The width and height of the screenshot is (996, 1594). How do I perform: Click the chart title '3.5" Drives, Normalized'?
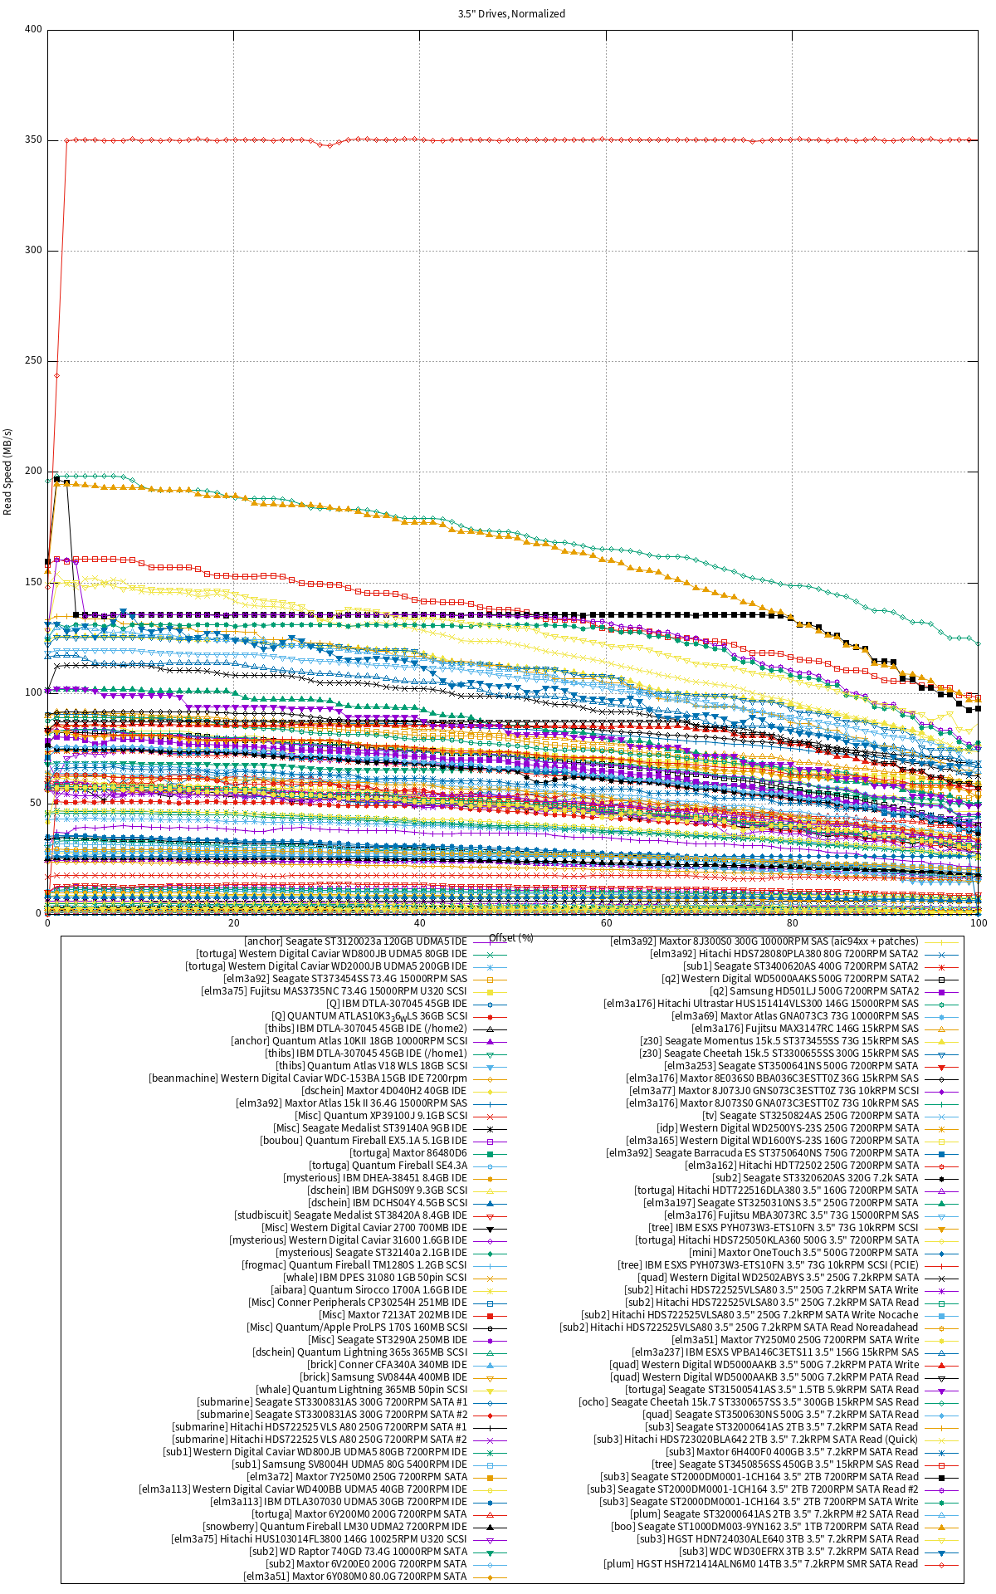click(511, 13)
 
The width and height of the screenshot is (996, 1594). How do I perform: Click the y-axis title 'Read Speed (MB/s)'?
click(8, 472)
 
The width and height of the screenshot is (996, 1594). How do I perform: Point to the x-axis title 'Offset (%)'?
click(511, 937)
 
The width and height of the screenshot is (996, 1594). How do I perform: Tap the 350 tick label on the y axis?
click(33, 139)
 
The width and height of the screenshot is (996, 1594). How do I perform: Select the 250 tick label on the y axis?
click(33, 360)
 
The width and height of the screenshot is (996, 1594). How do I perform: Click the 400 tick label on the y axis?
click(33, 29)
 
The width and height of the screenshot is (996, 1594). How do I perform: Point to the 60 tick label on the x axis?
click(606, 923)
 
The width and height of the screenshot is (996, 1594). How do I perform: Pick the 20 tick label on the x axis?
click(233, 923)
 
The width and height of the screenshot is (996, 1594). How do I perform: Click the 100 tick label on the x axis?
click(978, 923)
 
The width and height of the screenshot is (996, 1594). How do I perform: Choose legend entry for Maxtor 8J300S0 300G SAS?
click(764, 941)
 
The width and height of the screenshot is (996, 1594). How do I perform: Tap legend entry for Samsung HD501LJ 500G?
click(814, 991)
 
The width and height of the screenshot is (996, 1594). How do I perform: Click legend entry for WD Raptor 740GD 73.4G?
click(358, 1552)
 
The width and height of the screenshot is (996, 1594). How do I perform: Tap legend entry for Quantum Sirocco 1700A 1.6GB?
click(369, 1290)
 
